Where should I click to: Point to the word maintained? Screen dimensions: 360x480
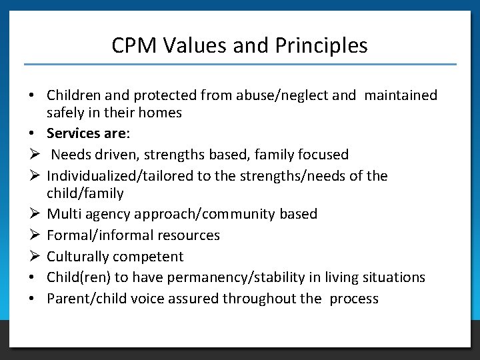401,95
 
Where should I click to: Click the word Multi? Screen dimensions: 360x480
63,214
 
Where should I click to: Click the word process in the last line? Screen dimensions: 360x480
353,299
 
